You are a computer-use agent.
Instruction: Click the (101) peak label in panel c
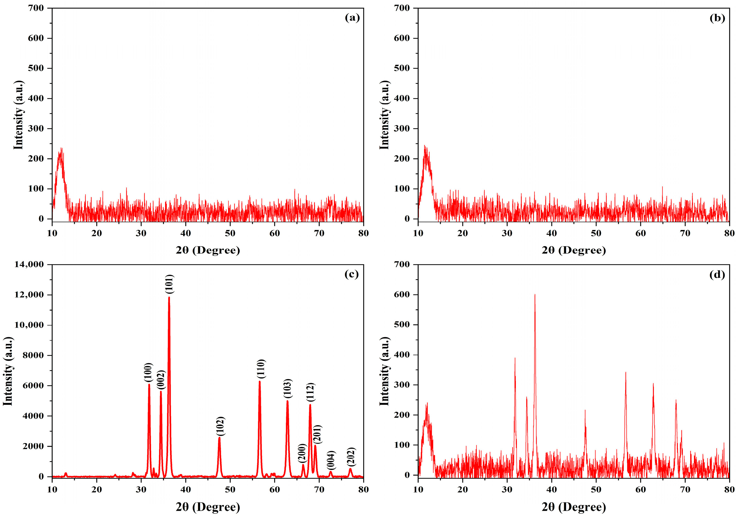[x=170, y=284]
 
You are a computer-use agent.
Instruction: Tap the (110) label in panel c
[x=261, y=369]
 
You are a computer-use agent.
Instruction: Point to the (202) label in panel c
[x=352, y=457]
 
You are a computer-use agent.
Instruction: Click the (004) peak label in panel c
[x=331, y=460]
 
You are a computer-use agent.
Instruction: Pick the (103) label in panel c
[x=288, y=389]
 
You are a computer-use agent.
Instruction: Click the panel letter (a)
[x=352, y=18]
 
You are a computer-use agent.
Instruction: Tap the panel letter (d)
[x=717, y=275]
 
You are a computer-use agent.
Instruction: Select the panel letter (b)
[x=717, y=18]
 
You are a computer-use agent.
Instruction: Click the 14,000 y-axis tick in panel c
[x=29, y=264]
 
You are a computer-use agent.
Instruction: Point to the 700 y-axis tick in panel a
[x=36, y=8]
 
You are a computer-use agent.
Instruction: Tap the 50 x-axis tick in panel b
[x=596, y=233]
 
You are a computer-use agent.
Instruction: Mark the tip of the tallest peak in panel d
[x=535, y=294]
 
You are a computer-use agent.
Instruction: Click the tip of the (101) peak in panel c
[x=169, y=297]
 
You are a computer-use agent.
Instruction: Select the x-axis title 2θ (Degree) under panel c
[x=208, y=507]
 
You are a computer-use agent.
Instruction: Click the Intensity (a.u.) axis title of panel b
[x=385, y=115]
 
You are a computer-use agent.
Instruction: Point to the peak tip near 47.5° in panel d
[x=585, y=410]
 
